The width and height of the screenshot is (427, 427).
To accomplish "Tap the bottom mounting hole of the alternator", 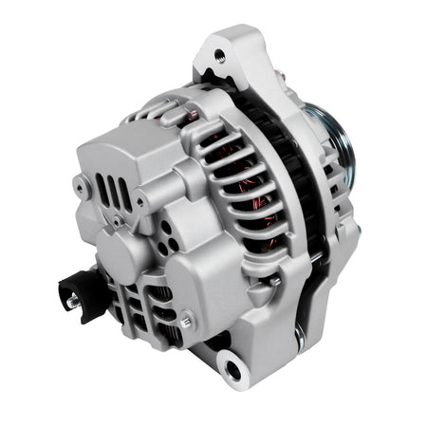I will point(231,364).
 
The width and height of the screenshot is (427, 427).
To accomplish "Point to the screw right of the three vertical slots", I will point(139,202).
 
